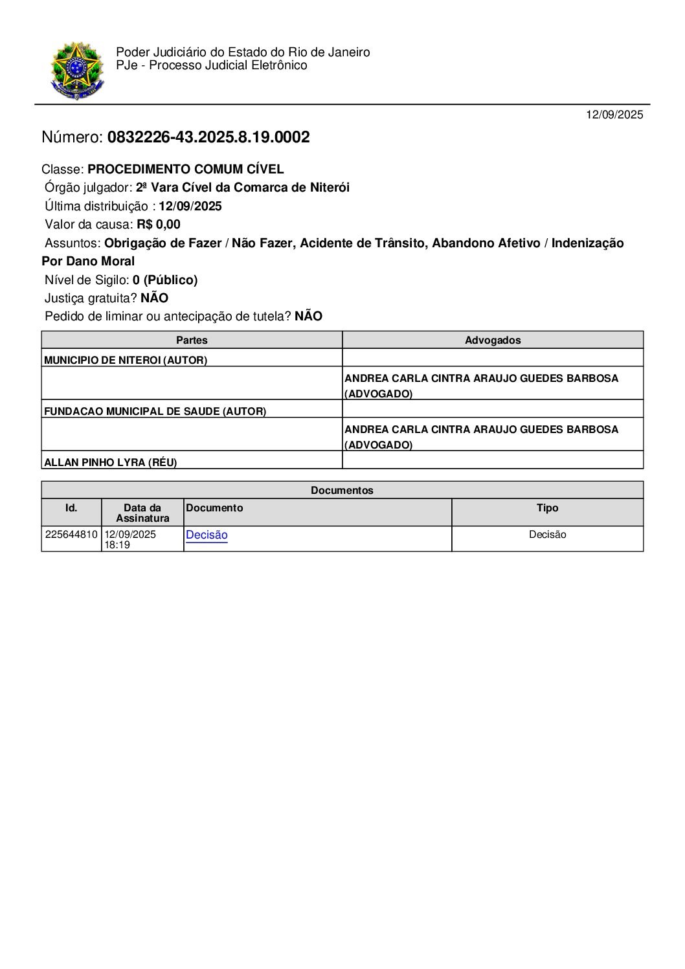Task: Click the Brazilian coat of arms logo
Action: [x=76, y=70]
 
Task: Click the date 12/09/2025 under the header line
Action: [x=614, y=115]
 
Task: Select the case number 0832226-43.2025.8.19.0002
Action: [x=208, y=137]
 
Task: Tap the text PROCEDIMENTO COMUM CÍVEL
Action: [x=186, y=170]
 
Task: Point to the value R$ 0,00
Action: [x=159, y=225]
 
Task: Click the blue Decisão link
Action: [x=207, y=535]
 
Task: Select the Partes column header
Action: [x=192, y=340]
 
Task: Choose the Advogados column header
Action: [x=493, y=340]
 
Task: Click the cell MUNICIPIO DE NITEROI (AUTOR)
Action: [x=126, y=361]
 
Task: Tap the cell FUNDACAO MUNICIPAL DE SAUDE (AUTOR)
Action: [x=155, y=412]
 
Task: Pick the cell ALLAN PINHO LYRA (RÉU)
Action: [x=110, y=463]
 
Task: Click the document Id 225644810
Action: [x=71, y=535]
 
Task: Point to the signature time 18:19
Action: [x=117, y=545]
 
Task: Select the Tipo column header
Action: [x=547, y=508]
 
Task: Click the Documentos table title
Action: [x=342, y=491]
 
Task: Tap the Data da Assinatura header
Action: [x=142, y=513]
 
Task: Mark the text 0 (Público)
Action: [x=165, y=280]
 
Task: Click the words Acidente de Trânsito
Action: [x=363, y=243]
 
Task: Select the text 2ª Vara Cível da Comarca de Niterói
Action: [x=243, y=188]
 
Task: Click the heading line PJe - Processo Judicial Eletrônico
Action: [x=212, y=66]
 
